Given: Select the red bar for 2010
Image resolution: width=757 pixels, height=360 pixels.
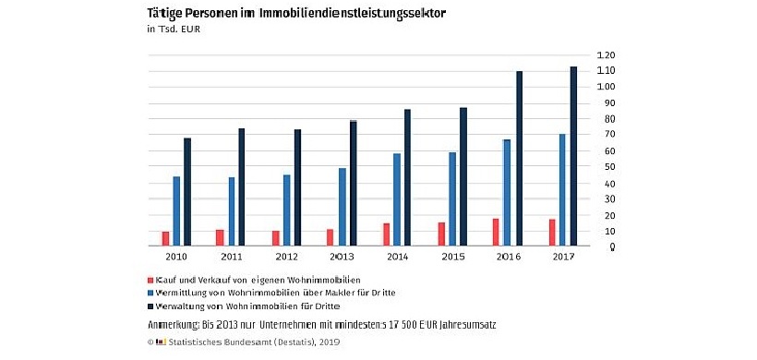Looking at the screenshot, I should click(x=165, y=239).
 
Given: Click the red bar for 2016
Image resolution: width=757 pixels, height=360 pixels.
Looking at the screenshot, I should click(x=496, y=233).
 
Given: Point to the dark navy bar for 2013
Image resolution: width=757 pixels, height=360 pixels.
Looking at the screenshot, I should click(x=353, y=183).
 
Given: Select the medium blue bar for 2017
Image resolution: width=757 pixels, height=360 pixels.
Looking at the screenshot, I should click(x=561, y=190).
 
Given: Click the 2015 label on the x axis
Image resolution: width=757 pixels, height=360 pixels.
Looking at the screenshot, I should click(x=452, y=257).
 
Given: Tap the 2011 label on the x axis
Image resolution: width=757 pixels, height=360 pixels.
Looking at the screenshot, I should click(x=232, y=257).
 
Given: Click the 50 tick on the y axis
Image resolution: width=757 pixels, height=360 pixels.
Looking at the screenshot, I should click(x=606, y=167).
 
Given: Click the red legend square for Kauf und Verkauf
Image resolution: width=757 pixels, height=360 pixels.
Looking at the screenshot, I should click(x=150, y=279).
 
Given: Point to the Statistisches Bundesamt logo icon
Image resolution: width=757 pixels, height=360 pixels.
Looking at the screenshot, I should click(x=161, y=342).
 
